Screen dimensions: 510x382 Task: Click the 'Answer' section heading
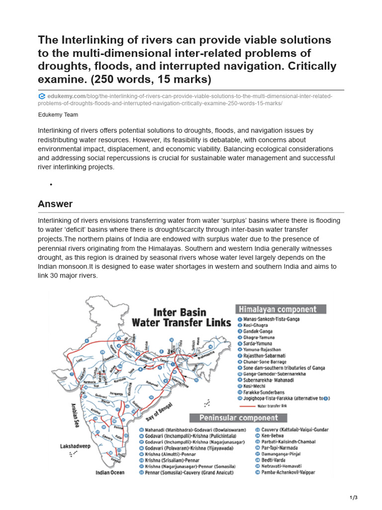[55, 204]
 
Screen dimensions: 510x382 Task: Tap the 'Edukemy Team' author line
[58, 114]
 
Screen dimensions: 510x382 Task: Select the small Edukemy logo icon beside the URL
[42, 96]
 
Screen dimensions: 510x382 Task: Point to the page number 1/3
[354, 498]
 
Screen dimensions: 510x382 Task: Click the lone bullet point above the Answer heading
[51, 185]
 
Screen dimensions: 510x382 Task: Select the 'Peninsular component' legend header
[239, 417]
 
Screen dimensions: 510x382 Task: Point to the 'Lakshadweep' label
[75, 447]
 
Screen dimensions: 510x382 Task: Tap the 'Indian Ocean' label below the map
[110, 472]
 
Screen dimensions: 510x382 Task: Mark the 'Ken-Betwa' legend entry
[274, 435]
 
